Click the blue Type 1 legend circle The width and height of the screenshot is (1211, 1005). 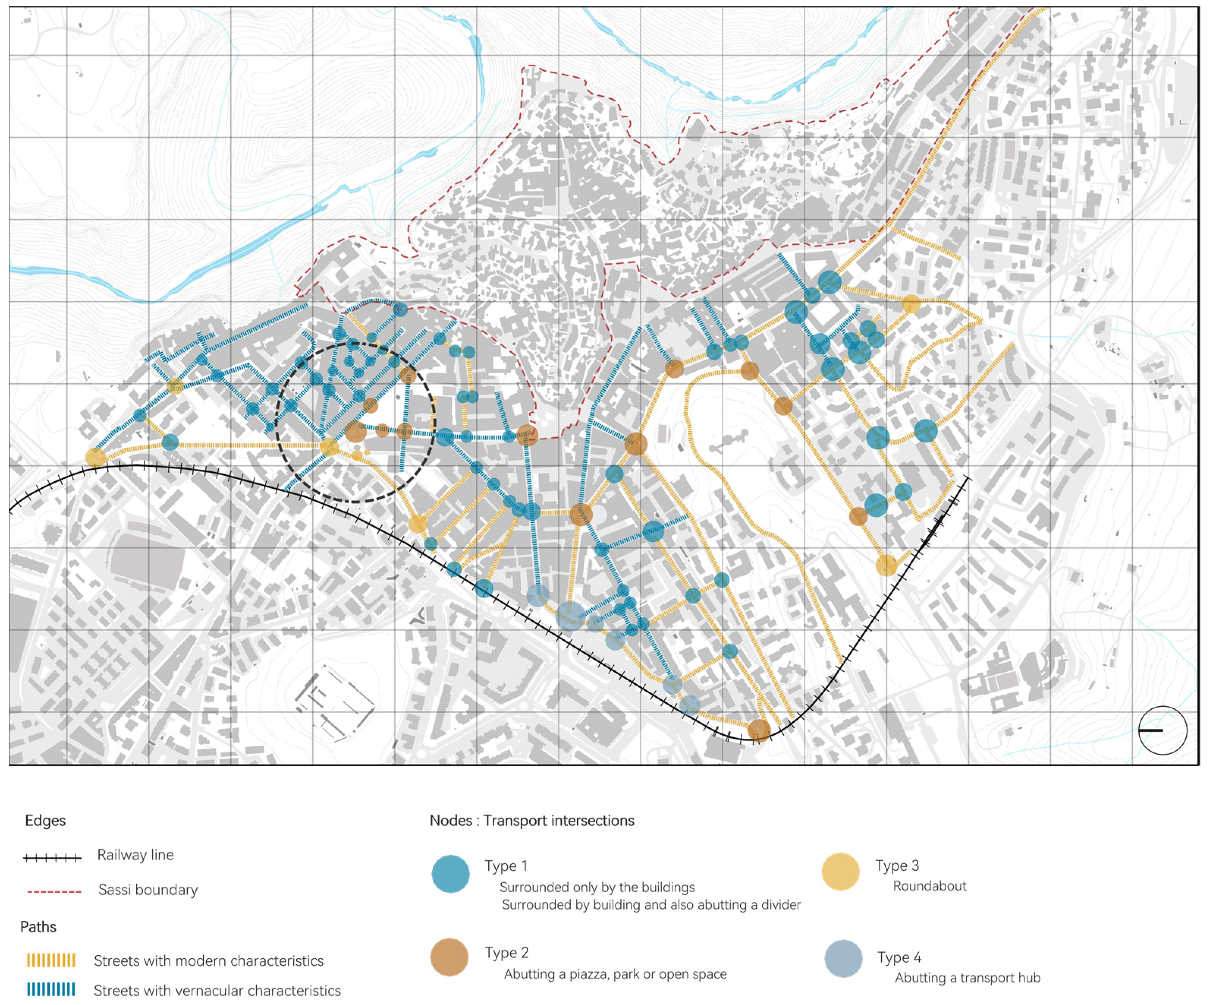(x=450, y=874)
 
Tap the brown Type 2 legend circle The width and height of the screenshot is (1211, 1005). (x=449, y=957)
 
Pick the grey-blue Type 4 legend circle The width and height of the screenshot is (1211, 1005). (x=843, y=958)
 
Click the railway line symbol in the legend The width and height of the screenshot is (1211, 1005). (x=52, y=858)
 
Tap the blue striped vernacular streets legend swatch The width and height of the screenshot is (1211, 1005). (x=51, y=990)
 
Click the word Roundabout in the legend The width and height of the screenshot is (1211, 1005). (x=929, y=886)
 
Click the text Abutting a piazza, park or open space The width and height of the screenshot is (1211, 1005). (x=615, y=974)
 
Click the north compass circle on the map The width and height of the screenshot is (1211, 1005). (x=1162, y=730)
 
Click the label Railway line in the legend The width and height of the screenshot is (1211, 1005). (x=135, y=855)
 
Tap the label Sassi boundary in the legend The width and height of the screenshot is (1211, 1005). (x=148, y=890)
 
